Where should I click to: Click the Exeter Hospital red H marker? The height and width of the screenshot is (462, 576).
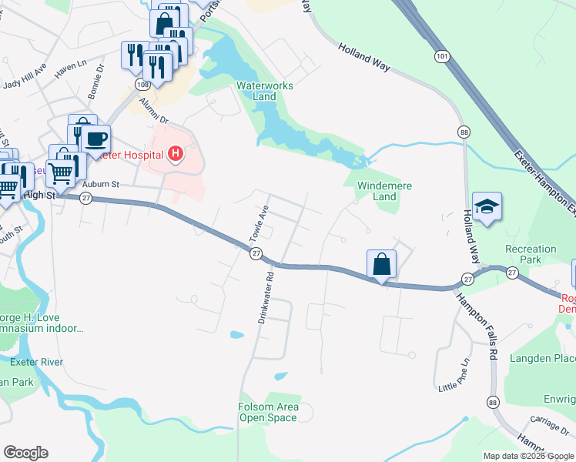click(x=176, y=155)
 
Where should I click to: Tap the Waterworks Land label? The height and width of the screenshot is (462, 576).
click(x=264, y=91)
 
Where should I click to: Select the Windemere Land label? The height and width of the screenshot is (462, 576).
click(x=385, y=191)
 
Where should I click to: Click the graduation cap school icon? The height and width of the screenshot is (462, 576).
click(x=487, y=207)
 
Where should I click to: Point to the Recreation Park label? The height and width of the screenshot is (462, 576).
click(x=530, y=254)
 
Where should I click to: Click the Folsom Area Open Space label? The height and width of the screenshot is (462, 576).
click(x=267, y=412)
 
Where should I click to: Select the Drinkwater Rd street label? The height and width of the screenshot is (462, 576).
click(x=266, y=296)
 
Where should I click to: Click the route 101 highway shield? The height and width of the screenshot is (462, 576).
click(x=441, y=56)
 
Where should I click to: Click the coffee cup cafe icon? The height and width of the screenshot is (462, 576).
click(x=95, y=139)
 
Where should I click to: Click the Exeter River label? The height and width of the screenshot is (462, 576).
click(x=31, y=362)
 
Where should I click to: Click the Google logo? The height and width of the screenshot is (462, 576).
click(x=25, y=453)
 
